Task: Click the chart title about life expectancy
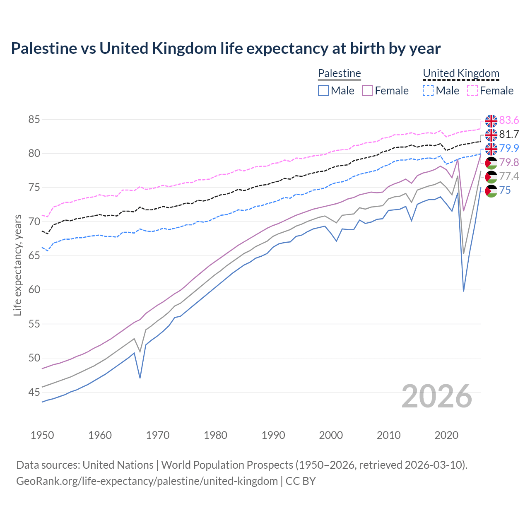coord(226,48)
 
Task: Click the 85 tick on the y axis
coord(34,120)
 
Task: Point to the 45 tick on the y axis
coord(34,392)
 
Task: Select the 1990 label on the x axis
coord(273,435)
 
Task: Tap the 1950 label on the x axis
coord(42,435)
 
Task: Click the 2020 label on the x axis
coord(446,435)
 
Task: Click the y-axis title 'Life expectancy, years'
coord(17,265)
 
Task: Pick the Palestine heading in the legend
coord(340,73)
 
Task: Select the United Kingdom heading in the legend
coord(461,73)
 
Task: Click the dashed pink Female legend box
coord(472,91)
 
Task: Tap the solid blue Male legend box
coord(323,91)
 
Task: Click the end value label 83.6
coord(509,120)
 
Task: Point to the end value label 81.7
coord(509,134)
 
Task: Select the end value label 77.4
coord(509,176)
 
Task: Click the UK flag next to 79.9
coord(491,149)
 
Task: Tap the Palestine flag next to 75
coord(491,191)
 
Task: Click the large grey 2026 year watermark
coord(437,396)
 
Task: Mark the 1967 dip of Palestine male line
coord(140,378)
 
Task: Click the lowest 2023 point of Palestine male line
coord(463,291)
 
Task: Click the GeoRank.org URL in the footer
coord(147,481)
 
